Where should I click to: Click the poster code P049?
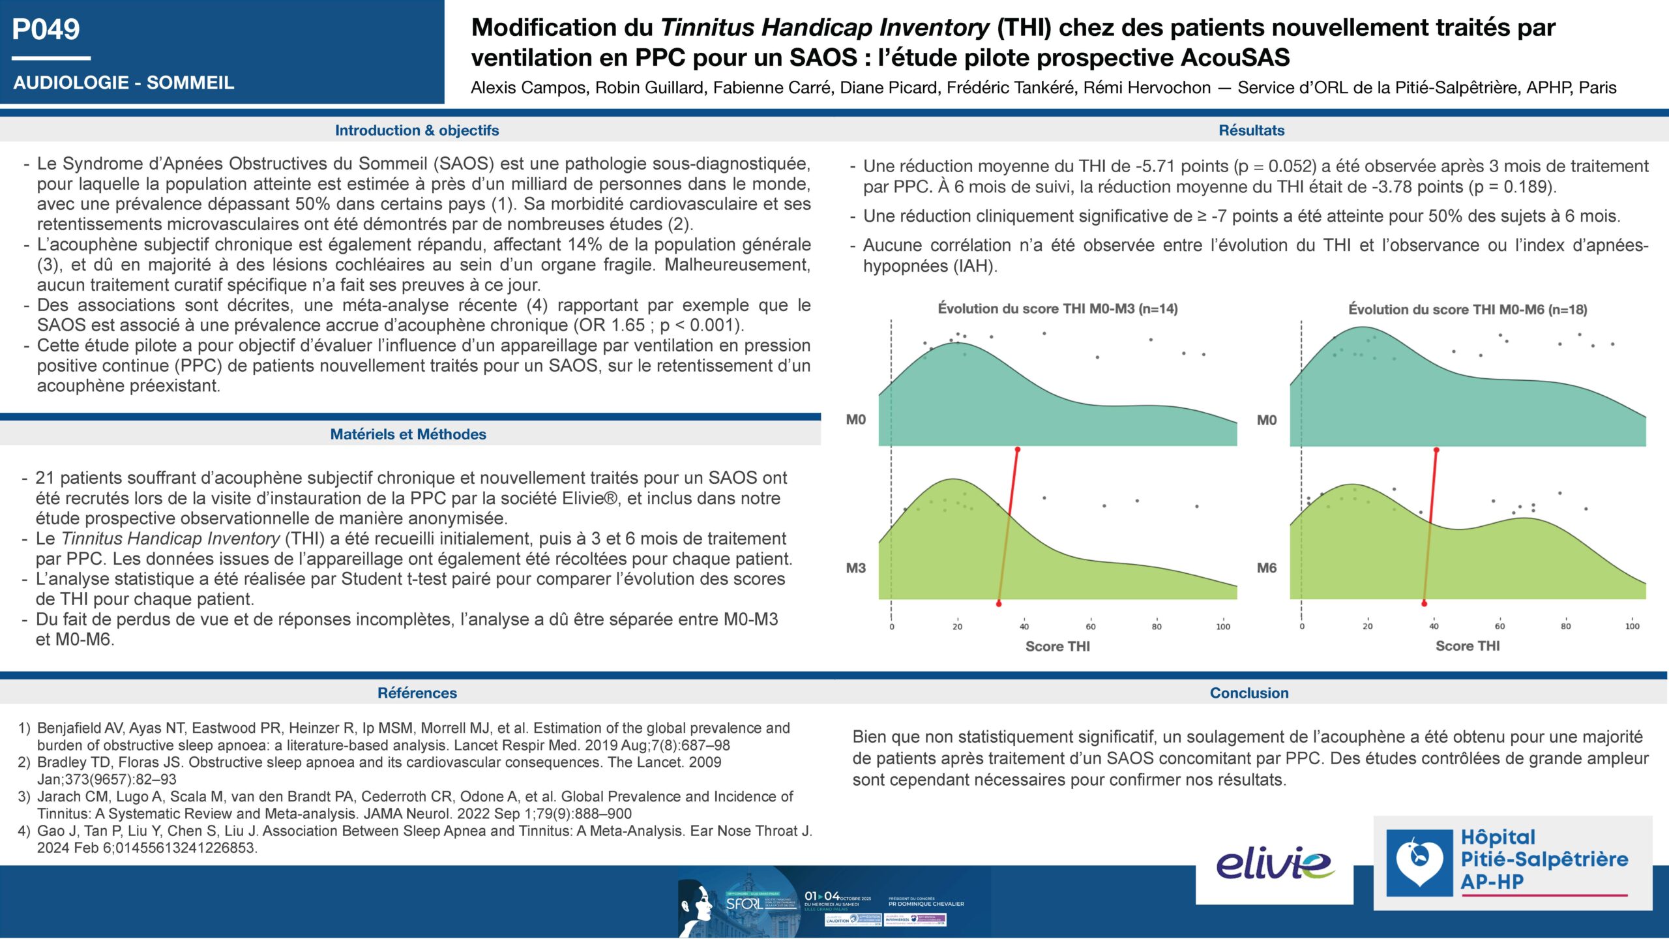pyautogui.click(x=46, y=29)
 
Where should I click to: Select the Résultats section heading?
pyautogui.click(x=1251, y=130)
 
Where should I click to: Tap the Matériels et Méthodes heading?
pyautogui.click(x=408, y=434)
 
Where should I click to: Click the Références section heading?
pyautogui.click(x=417, y=693)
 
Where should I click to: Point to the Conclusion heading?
pyautogui.click(x=1249, y=693)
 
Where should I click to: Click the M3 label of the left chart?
pyautogui.click(x=856, y=568)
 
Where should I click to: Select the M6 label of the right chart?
pyautogui.click(x=1267, y=568)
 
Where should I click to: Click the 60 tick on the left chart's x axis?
pyautogui.click(x=1091, y=627)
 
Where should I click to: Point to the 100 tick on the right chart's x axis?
pyautogui.click(x=1632, y=626)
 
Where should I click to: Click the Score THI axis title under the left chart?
pyautogui.click(x=1057, y=646)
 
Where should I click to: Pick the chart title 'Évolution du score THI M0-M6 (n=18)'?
pyautogui.click(x=1468, y=310)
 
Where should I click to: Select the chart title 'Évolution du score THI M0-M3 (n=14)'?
pyautogui.click(x=1057, y=309)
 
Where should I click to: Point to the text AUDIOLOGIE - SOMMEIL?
pyautogui.click(x=124, y=83)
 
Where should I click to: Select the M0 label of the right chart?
pyautogui.click(x=1267, y=420)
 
